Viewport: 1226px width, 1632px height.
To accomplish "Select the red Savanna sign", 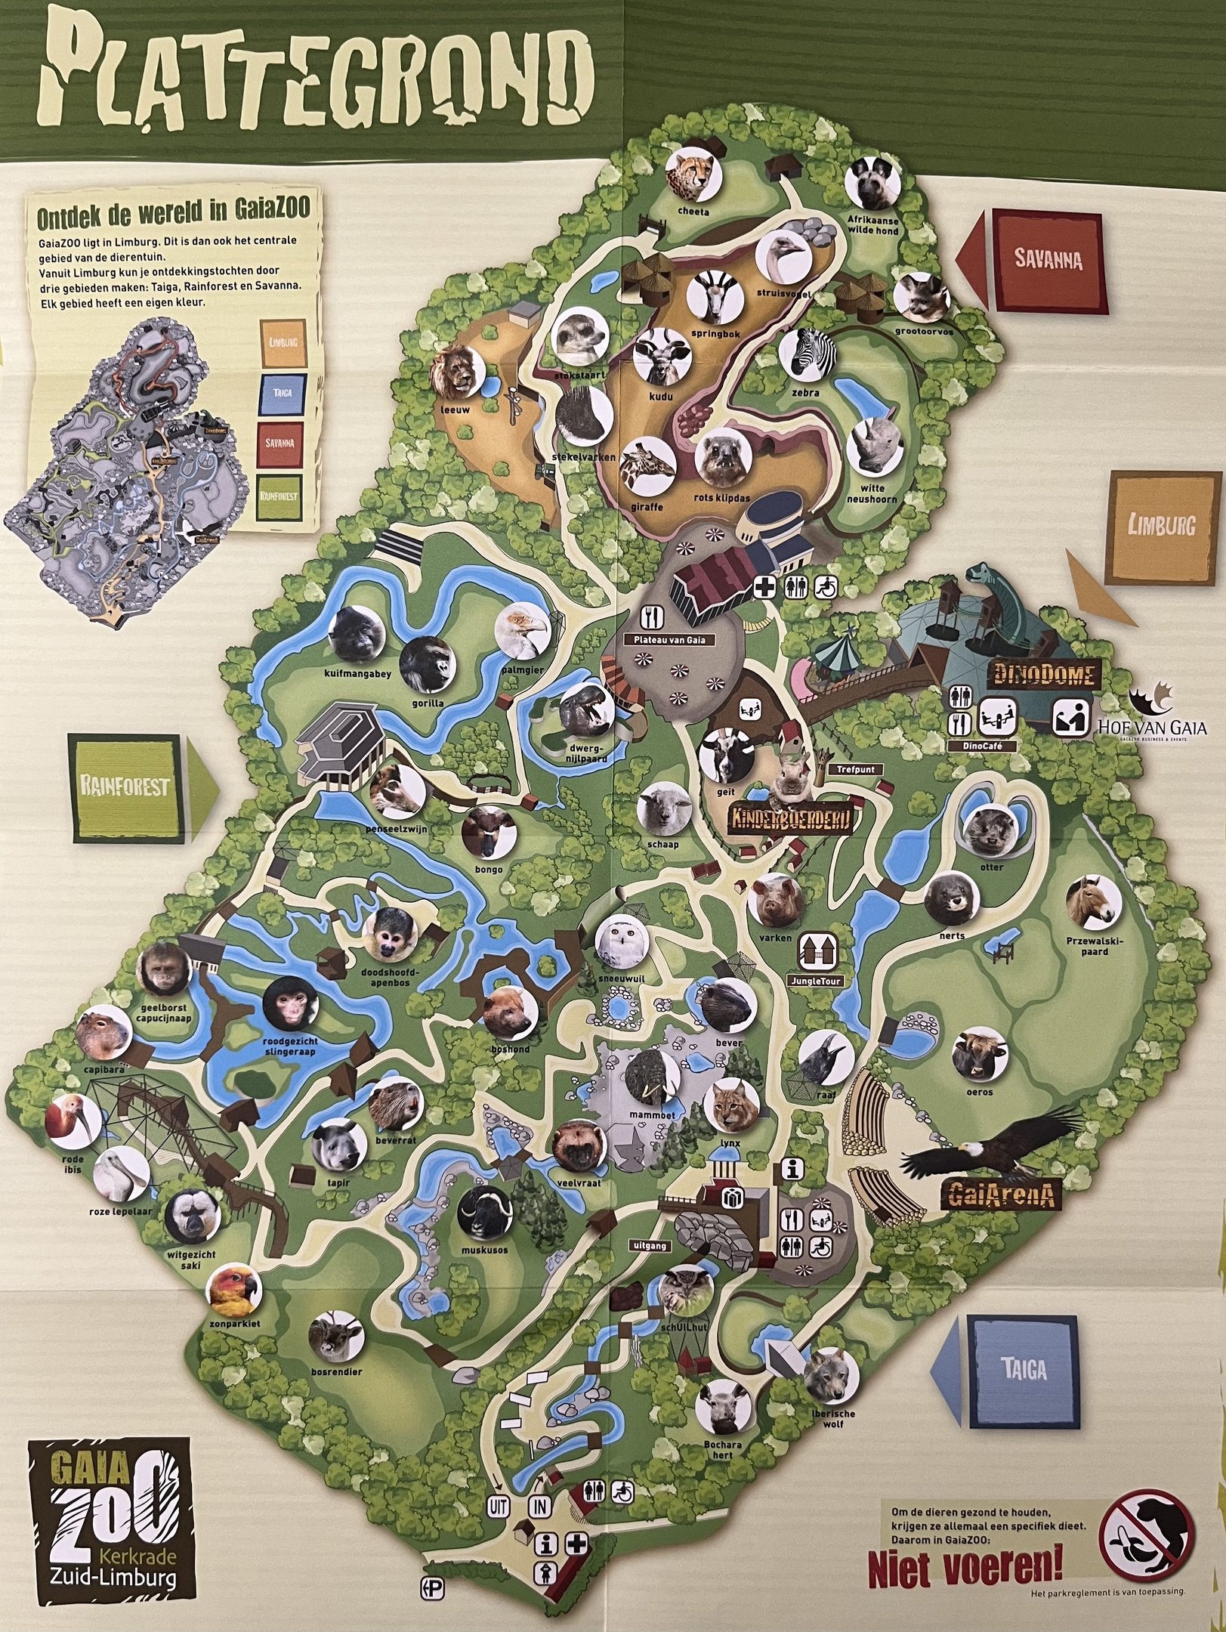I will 1047,261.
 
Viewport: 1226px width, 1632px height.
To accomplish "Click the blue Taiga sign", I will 1024,1371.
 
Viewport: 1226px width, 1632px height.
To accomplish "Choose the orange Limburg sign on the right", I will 1163,527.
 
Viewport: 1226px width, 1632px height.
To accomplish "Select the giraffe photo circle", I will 648,468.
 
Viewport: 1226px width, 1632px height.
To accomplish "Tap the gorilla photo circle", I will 428,665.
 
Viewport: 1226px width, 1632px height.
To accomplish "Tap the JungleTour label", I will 814,981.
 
